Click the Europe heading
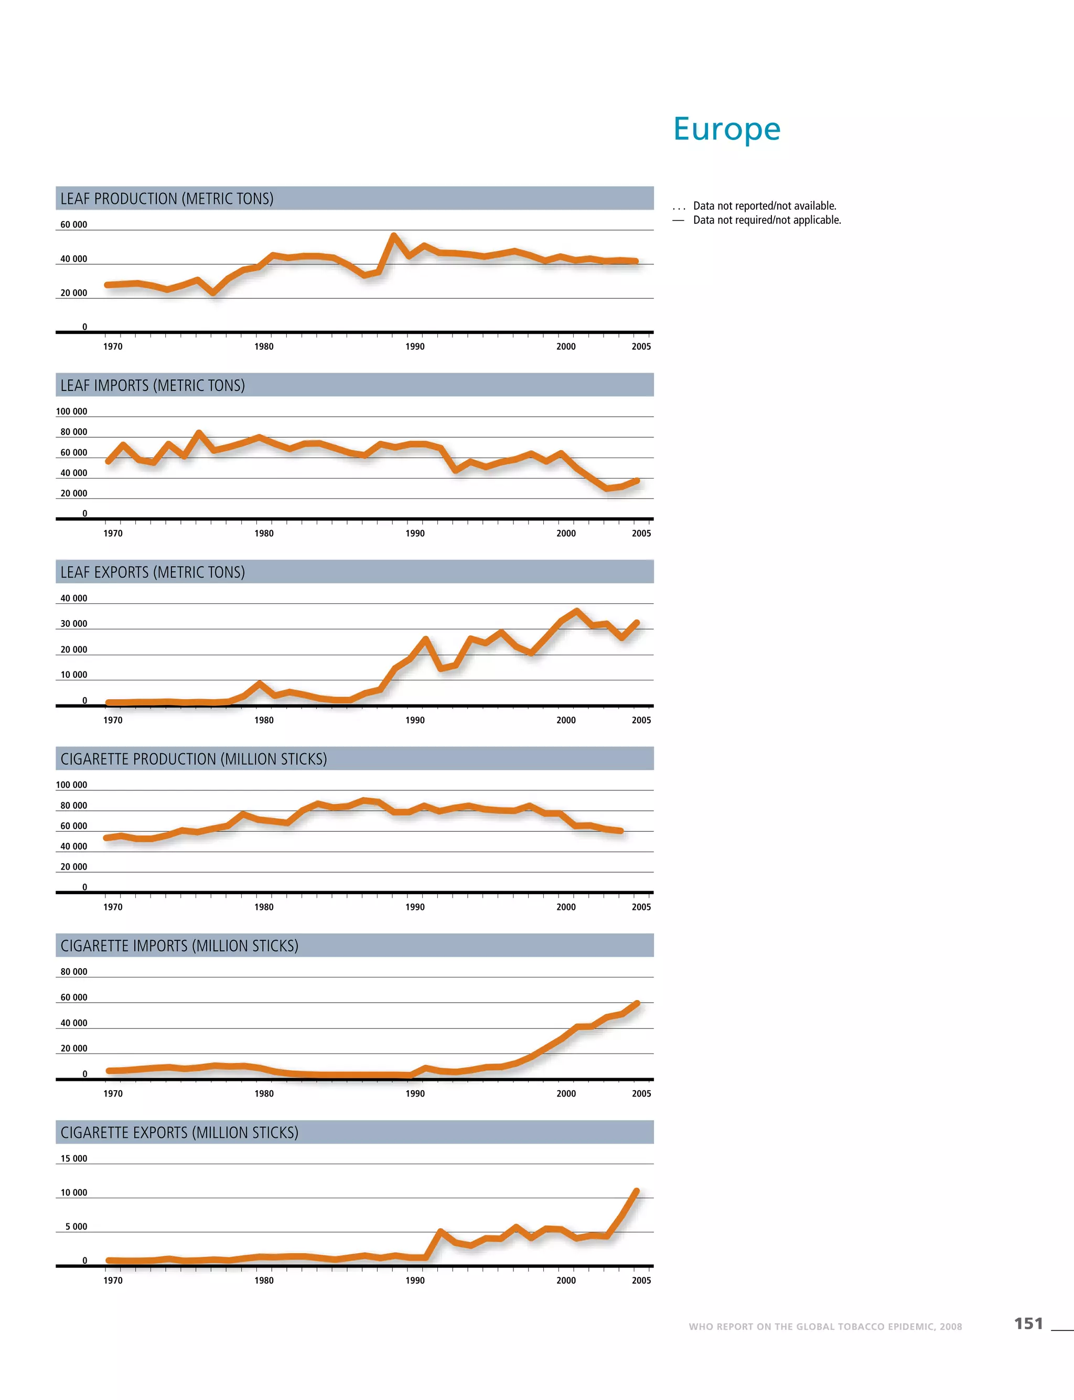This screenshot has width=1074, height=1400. coord(727,129)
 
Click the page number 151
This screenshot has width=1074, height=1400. coord(1028,1323)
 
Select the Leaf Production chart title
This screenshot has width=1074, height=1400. coord(167,199)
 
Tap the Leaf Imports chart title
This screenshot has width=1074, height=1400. coord(153,385)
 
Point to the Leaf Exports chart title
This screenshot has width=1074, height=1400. coord(153,572)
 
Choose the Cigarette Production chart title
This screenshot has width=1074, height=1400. coord(194,759)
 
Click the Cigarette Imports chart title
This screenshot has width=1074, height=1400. coord(180,946)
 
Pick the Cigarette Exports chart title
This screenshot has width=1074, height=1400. coord(180,1132)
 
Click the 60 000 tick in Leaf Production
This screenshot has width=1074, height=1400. coord(73,225)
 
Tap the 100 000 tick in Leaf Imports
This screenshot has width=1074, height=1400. coord(72,411)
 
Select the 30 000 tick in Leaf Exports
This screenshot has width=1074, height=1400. coord(73,624)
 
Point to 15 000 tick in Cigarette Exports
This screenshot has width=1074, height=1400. coord(73,1158)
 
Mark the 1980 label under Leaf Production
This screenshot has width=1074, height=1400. coord(264,346)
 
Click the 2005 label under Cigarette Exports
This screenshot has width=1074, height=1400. coord(641,1280)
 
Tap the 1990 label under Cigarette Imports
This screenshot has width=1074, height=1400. coord(415,1093)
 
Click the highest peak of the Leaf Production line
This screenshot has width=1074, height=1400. coord(394,236)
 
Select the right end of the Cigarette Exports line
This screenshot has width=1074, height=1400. coord(636,1191)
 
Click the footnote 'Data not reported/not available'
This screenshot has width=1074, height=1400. coord(765,206)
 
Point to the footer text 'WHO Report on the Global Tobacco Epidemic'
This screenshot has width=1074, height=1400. coord(825,1327)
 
